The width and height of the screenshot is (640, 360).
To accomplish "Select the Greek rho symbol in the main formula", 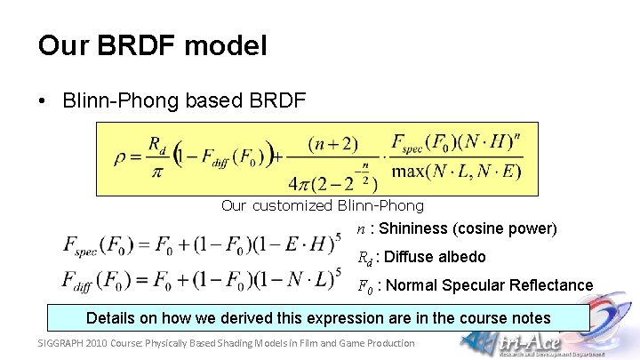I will click(x=122, y=159).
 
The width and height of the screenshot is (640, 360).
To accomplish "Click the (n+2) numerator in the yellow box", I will click(x=333, y=143).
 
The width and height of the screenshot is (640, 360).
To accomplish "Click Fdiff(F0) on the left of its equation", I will click(x=96, y=281).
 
